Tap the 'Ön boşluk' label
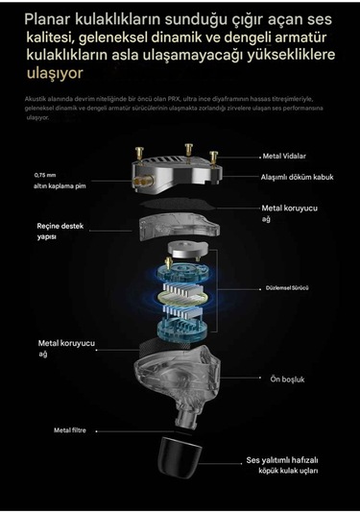click(287, 379)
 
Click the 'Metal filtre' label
click(70, 430)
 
